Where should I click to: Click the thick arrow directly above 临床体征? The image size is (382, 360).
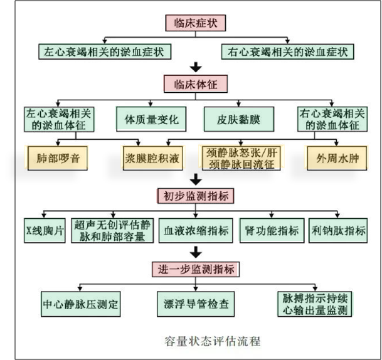click(196, 66)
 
